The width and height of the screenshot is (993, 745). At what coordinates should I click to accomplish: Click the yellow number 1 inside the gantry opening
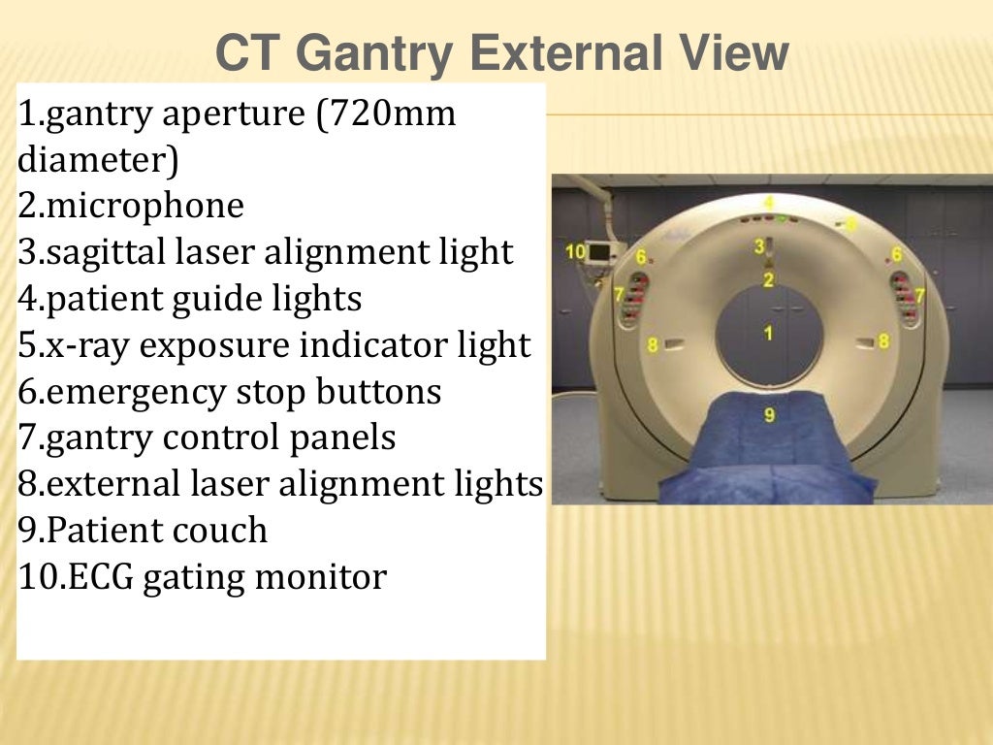(x=768, y=333)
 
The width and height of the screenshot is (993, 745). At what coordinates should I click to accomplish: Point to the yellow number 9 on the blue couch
(x=769, y=415)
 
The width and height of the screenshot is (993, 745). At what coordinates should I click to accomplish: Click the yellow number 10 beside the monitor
(x=575, y=251)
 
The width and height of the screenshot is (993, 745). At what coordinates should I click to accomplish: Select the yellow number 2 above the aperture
(x=768, y=280)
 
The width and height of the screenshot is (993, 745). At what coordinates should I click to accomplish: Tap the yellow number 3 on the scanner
(x=759, y=246)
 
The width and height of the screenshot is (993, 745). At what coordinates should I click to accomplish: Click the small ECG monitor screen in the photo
(x=599, y=252)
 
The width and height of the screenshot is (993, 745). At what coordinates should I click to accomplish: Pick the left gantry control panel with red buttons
(x=635, y=297)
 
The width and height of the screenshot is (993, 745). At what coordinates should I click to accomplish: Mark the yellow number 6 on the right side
(x=897, y=254)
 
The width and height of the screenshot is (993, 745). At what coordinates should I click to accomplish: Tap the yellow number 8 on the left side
(x=653, y=344)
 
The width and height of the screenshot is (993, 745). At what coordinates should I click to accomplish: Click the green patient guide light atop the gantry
(x=781, y=218)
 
